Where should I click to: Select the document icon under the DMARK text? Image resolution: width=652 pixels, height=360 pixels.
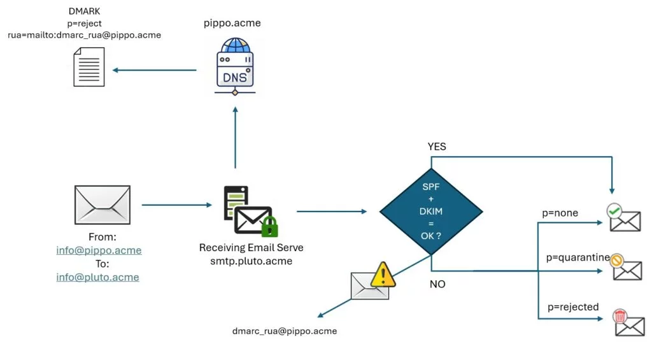point(89,68)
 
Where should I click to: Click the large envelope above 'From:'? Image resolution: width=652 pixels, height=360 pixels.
point(102,205)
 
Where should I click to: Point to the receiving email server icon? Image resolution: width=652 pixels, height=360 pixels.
point(250,211)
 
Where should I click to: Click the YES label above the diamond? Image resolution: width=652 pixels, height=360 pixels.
point(437,147)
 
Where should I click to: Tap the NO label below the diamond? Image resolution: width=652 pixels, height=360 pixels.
point(437,284)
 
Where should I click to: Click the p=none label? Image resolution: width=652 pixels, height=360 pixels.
point(560,213)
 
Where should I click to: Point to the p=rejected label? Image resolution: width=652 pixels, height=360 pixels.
point(573,307)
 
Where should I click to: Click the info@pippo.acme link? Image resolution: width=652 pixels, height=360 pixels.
point(99,250)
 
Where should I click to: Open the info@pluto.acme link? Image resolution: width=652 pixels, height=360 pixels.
point(97,277)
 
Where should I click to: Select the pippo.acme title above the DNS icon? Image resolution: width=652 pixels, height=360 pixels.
point(232,24)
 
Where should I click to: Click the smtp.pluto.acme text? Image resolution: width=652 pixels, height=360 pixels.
point(251,261)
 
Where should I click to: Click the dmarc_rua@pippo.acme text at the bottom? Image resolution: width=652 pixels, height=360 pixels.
point(285,331)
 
